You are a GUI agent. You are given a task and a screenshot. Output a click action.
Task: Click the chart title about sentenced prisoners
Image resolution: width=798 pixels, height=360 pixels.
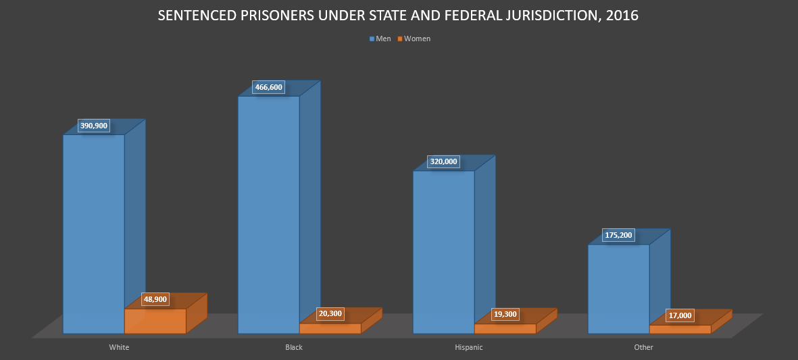click(398, 16)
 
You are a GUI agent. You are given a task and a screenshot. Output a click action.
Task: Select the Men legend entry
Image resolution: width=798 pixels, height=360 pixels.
click(380, 38)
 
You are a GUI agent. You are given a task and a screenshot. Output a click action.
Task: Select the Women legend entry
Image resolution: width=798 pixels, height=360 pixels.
click(414, 38)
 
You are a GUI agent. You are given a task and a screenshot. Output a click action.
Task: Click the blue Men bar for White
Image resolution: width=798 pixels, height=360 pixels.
click(94, 234)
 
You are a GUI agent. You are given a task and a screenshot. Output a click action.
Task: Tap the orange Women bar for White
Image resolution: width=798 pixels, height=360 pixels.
click(155, 321)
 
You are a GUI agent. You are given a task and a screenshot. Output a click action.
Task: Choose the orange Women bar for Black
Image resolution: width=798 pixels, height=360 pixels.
click(330, 328)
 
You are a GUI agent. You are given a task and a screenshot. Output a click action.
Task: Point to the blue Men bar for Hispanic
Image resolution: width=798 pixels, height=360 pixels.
click(443, 252)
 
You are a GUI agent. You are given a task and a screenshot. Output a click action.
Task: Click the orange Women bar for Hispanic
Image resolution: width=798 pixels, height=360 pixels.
click(505, 329)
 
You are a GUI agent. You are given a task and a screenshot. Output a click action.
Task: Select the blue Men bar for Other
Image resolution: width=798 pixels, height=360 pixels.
click(618, 289)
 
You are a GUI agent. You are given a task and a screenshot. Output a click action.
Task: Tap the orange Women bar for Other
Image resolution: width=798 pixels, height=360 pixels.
click(680, 329)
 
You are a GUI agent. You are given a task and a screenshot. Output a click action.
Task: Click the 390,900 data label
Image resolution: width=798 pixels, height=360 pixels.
click(94, 126)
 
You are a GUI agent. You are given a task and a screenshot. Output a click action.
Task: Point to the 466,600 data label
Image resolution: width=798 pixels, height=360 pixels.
click(269, 87)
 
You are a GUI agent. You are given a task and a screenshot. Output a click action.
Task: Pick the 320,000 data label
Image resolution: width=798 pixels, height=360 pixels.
click(443, 161)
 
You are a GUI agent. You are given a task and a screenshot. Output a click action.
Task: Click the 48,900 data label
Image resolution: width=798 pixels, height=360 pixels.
click(155, 299)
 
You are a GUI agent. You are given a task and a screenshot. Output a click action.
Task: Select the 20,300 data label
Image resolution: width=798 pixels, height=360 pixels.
click(330, 313)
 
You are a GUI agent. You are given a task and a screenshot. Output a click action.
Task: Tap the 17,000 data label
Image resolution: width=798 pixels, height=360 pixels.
click(680, 315)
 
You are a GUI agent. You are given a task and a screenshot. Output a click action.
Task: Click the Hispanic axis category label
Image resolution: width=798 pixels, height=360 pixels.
click(469, 347)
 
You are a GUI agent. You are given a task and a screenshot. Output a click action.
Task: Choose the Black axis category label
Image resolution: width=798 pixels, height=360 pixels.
click(294, 347)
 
